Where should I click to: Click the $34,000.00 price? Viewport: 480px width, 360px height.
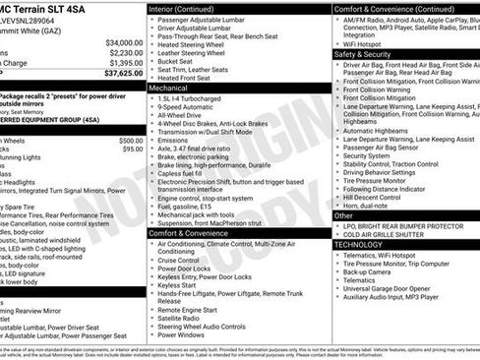(x=124, y=43)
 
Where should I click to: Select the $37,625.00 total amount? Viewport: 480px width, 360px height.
(x=124, y=73)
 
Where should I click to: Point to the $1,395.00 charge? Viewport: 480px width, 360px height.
(x=126, y=63)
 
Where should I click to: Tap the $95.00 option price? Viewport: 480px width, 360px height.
(x=133, y=149)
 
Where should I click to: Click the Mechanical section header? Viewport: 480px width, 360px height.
(x=170, y=88)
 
